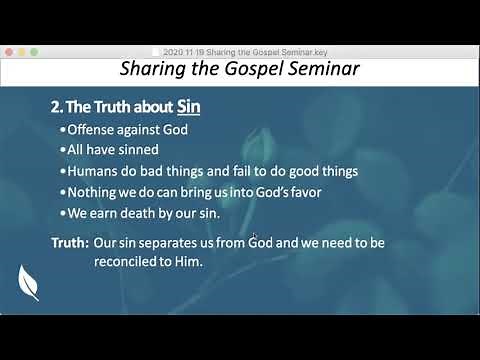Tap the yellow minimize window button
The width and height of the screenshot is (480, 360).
(x=21, y=50)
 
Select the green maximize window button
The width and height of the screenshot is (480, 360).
(x=35, y=50)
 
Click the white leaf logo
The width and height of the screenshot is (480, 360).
(x=28, y=282)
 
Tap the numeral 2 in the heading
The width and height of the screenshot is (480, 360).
(x=55, y=106)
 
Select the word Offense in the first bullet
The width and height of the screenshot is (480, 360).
(x=94, y=129)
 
